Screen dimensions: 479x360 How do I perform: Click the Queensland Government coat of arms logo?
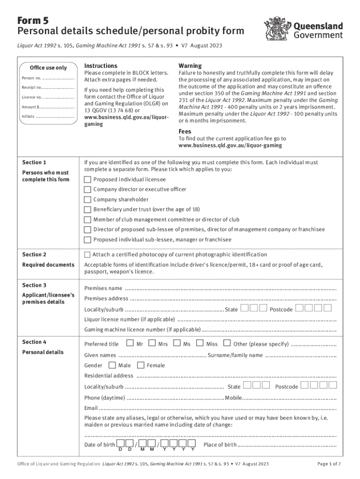(277, 29)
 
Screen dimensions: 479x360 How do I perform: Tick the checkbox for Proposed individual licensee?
(87, 180)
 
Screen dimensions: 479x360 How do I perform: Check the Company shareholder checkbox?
(87, 200)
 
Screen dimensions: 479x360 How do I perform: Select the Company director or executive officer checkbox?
(87, 189)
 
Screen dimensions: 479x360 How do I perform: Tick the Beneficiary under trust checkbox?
(87, 210)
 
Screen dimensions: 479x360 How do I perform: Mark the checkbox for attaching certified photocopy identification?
(87, 255)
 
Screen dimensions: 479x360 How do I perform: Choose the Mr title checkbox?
(130, 343)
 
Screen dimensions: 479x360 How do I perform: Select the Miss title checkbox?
(200, 343)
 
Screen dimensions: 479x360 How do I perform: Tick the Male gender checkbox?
(112, 365)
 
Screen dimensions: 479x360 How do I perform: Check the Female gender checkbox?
(140, 365)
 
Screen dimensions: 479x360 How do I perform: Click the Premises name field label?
(103, 288)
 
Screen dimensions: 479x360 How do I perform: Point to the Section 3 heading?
(35, 285)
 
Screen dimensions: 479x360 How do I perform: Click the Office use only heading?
(48, 68)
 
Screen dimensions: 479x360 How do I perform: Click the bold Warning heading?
(190, 66)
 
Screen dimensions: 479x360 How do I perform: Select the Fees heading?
(185, 131)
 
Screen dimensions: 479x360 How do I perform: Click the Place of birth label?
(220, 444)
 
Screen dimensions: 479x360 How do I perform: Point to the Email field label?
(91, 408)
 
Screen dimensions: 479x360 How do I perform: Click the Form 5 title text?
(33, 21)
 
